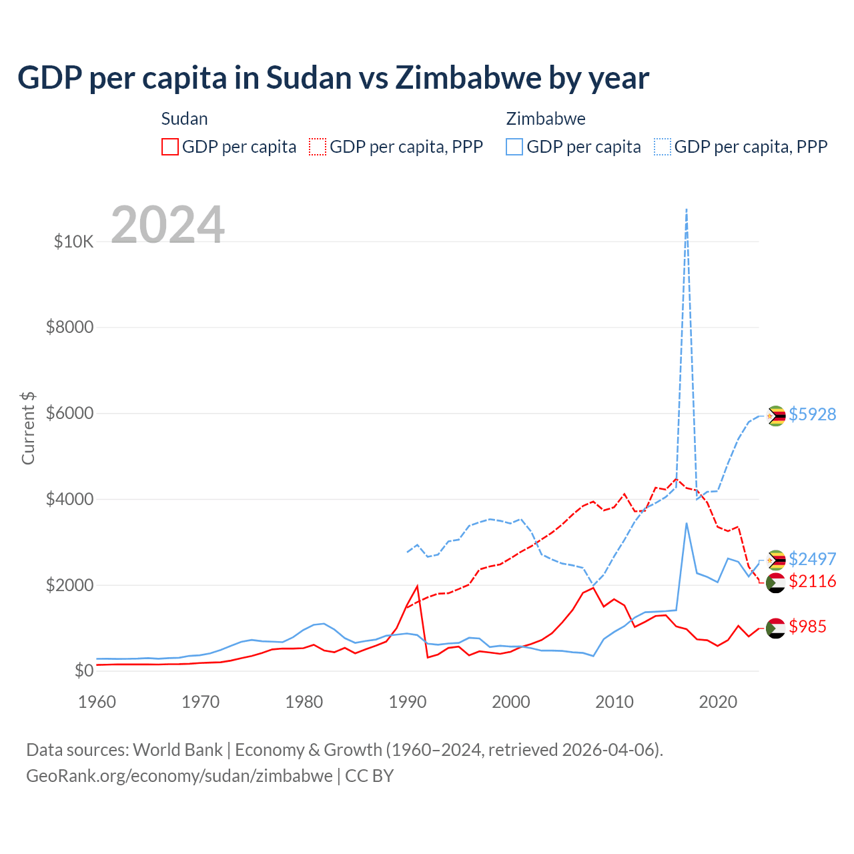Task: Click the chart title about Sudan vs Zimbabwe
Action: pos(333,78)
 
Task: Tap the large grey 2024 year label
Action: pos(167,225)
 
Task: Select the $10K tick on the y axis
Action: pos(73,242)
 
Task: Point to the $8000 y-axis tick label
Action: pos(69,328)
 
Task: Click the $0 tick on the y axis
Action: pos(83,671)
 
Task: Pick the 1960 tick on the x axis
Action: pos(97,702)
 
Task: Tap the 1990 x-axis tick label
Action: pos(408,702)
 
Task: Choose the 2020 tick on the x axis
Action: pos(718,702)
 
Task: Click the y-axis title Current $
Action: pos(28,428)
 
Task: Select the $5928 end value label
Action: pos(812,414)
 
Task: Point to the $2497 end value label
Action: pos(812,559)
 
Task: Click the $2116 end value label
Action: pos(812,582)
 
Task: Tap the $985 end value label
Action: pos(807,626)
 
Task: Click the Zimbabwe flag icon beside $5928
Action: pos(775,416)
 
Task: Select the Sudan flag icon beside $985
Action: pos(775,628)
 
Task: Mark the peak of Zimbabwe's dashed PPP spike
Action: pos(687,209)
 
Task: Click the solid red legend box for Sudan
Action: pos(170,147)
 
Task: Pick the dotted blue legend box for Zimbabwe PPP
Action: pos(663,147)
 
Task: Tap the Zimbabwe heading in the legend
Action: pos(546,119)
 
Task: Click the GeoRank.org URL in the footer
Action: pos(179,776)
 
